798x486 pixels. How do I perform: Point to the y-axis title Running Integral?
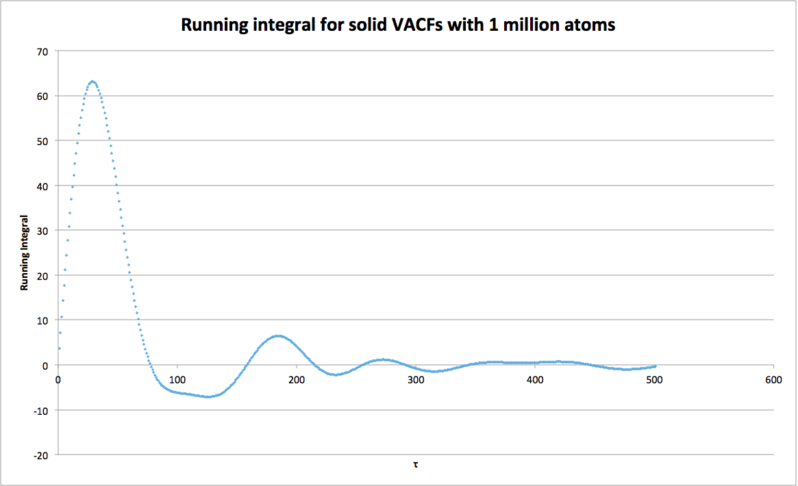(25, 252)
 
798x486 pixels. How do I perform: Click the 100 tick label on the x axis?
(177, 379)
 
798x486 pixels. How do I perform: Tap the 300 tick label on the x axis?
(416, 379)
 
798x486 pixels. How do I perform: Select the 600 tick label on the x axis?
(773, 379)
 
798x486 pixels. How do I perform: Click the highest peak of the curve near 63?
(92, 81)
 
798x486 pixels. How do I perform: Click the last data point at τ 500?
(655, 366)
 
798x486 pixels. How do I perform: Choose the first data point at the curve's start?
(60, 348)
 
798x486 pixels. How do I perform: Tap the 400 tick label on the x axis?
(535, 379)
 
